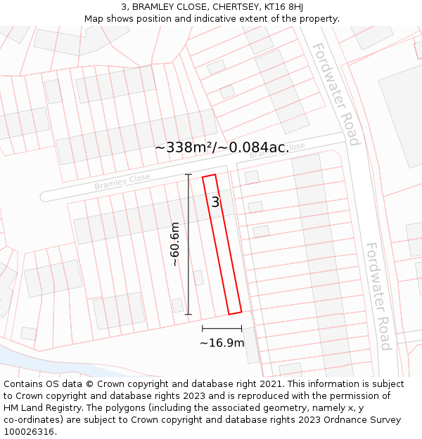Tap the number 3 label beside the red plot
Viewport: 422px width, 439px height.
coord(215,202)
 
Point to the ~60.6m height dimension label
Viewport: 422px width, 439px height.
coord(176,244)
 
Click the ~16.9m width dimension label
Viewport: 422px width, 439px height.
coord(222,343)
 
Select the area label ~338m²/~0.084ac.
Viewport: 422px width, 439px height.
coord(222,148)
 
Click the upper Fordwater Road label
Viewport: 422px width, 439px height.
coord(335,93)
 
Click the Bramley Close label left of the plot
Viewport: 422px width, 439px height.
coord(122,182)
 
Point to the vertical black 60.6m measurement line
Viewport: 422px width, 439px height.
coord(188,244)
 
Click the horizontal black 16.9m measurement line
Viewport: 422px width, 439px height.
coord(222,328)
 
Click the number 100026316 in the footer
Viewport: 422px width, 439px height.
coord(30,432)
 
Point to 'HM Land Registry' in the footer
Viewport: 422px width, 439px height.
coord(39,408)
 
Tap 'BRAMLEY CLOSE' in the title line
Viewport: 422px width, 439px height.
coord(170,7)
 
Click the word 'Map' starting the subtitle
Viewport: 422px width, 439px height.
coord(94,18)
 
